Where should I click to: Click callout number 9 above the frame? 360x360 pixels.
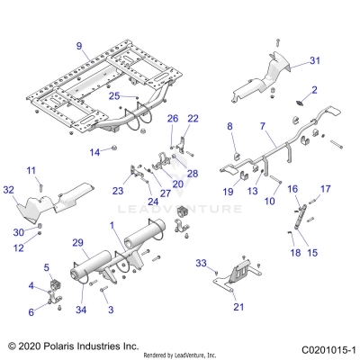point(78,46)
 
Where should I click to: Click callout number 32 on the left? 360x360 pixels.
point(10,191)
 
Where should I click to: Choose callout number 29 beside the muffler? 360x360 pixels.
point(77,243)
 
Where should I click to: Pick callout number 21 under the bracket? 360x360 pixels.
point(238,307)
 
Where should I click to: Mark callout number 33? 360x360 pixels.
point(202,264)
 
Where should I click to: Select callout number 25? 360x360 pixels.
point(114,95)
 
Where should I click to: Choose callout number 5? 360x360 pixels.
point(47,267)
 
